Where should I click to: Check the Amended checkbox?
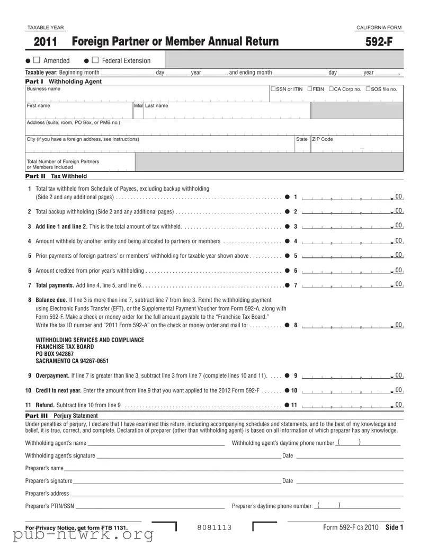click(x=37, y=60)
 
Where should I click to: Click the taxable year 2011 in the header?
click(x=46, y=42)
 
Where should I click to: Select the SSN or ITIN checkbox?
click(x=273, y=89)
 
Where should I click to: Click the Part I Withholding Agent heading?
click(x=64, y=82)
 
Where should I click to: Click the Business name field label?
click(x=43, y=89)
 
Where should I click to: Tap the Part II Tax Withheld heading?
click(x=56, y=176)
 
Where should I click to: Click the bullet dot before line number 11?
click(x=286, y=405)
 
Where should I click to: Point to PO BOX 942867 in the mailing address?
click(x=55, y=354)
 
